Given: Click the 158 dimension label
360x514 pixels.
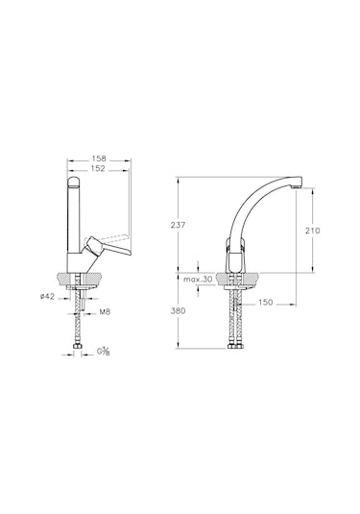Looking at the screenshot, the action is [99, 159].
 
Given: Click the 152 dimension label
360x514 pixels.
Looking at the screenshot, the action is [98, 168].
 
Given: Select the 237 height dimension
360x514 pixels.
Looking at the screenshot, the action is [178, 225].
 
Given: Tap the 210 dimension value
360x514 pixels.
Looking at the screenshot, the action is [313, 231].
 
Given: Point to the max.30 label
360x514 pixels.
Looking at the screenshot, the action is [198, 280].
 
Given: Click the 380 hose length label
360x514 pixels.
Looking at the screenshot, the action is [178, 310].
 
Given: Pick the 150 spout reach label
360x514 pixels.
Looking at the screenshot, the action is [265, 303].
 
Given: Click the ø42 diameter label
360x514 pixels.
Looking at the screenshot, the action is [47, 296].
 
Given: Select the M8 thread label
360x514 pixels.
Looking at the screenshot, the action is [105, 311].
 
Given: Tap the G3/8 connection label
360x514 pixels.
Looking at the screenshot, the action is [103, 352].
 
